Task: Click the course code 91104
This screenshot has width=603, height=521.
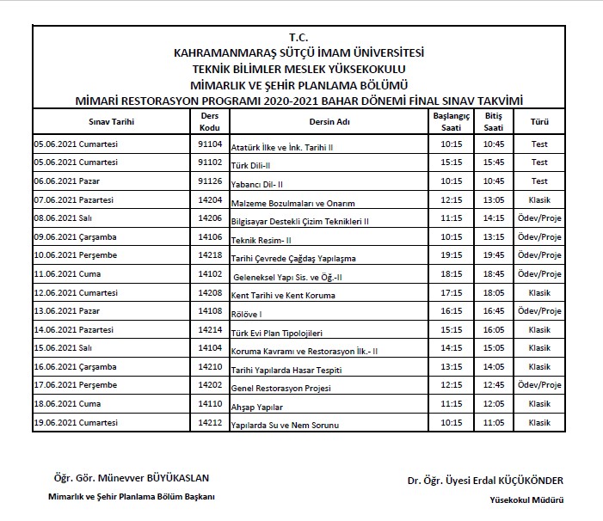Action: [x=210, y=144]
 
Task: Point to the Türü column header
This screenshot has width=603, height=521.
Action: [x=539, y=121]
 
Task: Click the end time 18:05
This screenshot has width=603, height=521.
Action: [x=493, y=292]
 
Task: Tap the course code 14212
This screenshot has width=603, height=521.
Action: [x=210, y=421]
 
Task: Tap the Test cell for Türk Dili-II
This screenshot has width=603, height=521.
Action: [x=539, y=162]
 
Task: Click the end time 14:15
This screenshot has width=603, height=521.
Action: [x=493, y=218]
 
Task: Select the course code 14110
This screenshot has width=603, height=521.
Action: [x=210, y=403]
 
